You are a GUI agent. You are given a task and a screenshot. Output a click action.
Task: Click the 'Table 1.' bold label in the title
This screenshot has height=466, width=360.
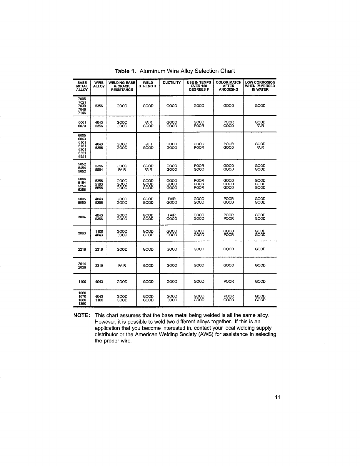click(x=126, y=71)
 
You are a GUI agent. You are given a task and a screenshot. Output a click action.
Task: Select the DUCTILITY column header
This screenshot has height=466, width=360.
click(x=171, y=83)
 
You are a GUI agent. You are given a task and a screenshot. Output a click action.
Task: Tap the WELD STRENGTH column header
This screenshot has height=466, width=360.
click(x=148, y=84)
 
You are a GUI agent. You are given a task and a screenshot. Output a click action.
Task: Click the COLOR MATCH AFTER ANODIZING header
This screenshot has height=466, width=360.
click(x=229, y=86)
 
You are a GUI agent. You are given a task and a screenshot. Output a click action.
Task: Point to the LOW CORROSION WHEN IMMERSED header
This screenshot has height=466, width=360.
click(x=260, y=86)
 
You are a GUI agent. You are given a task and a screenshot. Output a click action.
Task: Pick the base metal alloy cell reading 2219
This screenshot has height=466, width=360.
click(x=82, y=249)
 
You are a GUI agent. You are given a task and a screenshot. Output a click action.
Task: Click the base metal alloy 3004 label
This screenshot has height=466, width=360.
click(x=82, y=217)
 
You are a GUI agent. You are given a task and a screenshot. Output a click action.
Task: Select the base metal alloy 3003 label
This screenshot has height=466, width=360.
click(x=82, y=233)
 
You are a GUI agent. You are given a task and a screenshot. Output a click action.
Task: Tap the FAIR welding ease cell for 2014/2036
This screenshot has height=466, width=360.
click(x=122, y=266)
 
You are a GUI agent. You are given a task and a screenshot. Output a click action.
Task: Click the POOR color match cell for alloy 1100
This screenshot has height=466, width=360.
click(x=229, y=282)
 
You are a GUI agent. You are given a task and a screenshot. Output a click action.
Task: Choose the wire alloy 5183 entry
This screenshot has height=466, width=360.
click(x=99, y=184)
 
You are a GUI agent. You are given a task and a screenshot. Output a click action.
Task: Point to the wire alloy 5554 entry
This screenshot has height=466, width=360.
click(x=99, y=169)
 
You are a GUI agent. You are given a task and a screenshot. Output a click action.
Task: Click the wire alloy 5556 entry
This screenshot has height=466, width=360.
click(x=99, y=188)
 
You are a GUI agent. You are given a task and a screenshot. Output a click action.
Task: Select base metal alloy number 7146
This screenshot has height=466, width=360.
click(x=82, y=113)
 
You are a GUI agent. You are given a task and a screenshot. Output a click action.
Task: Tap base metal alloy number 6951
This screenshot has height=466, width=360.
click(x=82, y=157)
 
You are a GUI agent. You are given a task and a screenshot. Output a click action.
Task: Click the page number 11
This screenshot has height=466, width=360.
click(x=278, y=397)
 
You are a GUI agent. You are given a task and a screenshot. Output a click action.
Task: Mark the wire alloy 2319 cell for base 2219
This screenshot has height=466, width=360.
click(x=99, y=249)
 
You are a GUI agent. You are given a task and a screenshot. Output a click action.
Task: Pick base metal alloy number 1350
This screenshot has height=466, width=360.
click(x=82, y=304)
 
